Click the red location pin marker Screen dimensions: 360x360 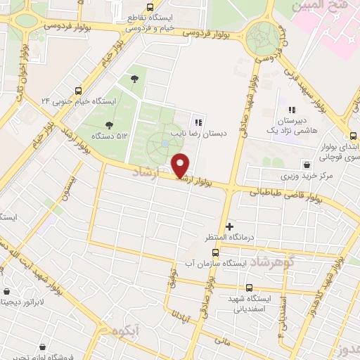pyautogui.click(x=181, y=165)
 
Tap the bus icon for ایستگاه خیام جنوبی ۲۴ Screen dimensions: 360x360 pyautogui.click(x=78, y=90)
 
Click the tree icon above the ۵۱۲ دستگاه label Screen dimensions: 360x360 pyautogui.click(x=134, y=79)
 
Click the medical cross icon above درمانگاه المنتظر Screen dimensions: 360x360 pyautogui.click(x=229, y=226)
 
